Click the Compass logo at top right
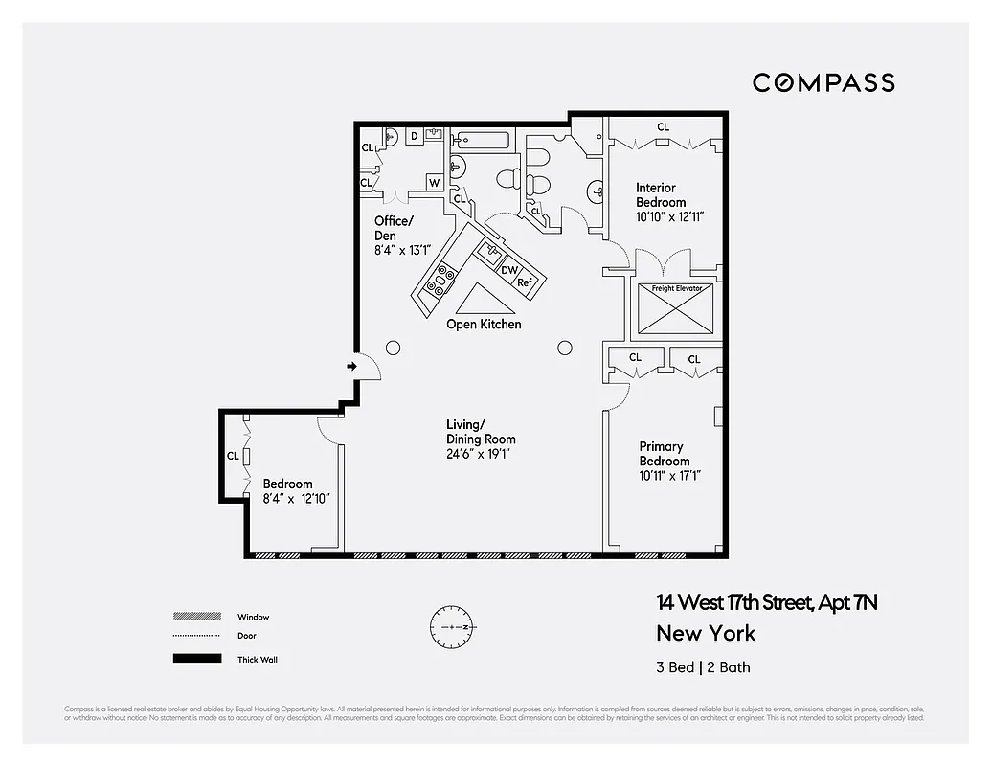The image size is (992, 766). [823, 82]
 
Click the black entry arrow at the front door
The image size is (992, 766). [351, 366]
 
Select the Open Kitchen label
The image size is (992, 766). [484, 325]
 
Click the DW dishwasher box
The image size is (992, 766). [509, 270]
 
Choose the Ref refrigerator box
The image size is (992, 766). [525, 282]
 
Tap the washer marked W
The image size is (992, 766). [434, 183]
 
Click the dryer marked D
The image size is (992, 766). [414, 137]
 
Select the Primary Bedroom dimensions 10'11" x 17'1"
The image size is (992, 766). [670, 476]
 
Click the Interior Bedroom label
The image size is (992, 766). [662, 195]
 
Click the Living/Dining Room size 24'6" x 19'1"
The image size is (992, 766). [478, 454]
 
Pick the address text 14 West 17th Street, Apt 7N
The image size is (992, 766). [767, 602]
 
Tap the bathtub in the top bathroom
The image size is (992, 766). [483, 140]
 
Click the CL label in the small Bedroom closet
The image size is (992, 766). [233, 457]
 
